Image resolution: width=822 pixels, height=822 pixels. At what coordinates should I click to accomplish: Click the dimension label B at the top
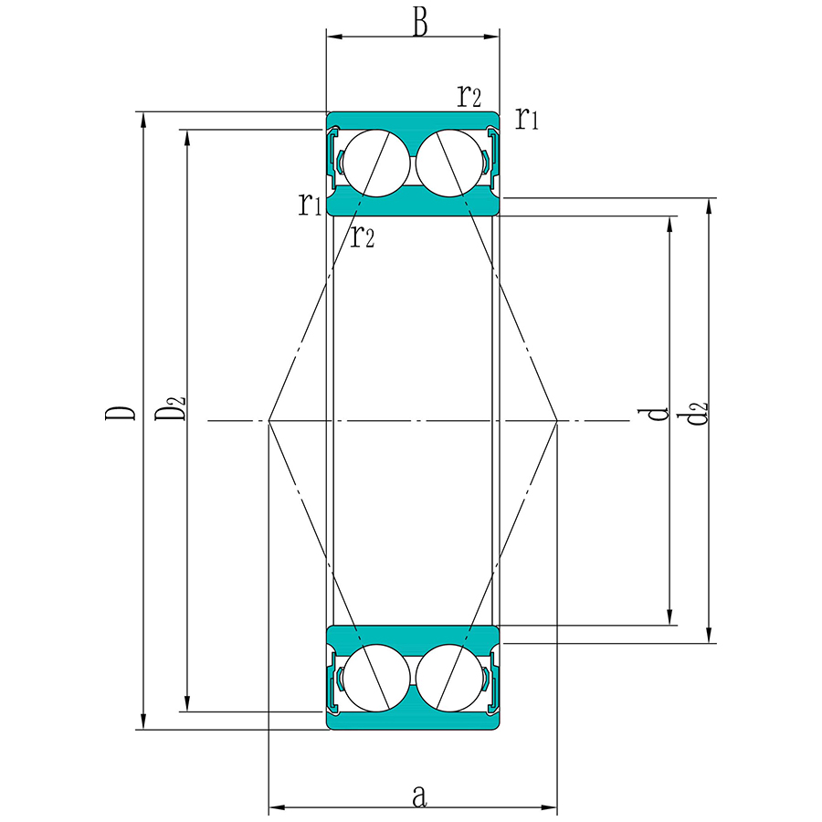pos(420,24)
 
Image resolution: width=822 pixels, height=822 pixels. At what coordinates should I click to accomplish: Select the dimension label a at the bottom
pos(419,796)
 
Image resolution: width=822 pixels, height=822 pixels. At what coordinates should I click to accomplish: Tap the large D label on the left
pos(120,413)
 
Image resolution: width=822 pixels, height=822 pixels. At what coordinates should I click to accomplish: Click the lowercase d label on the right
pos(654,414)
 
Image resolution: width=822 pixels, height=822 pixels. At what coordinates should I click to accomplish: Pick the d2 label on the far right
pos(692,413)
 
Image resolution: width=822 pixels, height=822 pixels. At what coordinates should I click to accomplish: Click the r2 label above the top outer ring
pos(469,95)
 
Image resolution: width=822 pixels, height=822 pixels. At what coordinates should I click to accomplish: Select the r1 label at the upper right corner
pos(527,118)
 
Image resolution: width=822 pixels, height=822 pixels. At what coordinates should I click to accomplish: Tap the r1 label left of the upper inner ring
pos(310,204)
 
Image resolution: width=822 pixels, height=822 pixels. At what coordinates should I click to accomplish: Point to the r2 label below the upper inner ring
pos(363,236)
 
